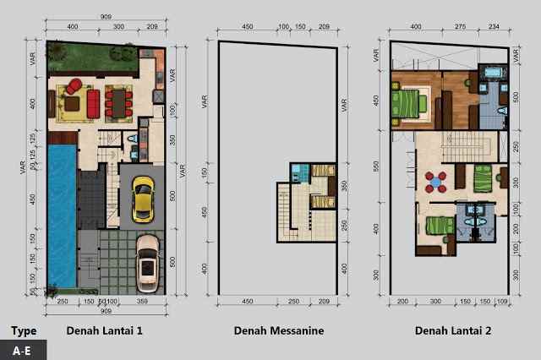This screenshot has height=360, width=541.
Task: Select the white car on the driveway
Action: [x=147, y=259]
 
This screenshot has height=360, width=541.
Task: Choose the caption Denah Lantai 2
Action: [x=449, y=331]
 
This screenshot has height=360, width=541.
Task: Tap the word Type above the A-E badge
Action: [x=24, y=330]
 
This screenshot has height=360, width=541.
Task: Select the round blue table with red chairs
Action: [x=434, y=179]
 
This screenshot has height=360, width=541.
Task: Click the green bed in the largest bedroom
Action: [x=408, y=104]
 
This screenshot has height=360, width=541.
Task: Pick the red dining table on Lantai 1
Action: [x=117, y=102]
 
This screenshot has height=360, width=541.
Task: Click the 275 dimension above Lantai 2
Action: [x=460, y=29]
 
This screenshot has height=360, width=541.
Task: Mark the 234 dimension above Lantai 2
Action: [x=495, y=29]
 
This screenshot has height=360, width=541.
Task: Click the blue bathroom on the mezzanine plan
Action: [x=297, y=173]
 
